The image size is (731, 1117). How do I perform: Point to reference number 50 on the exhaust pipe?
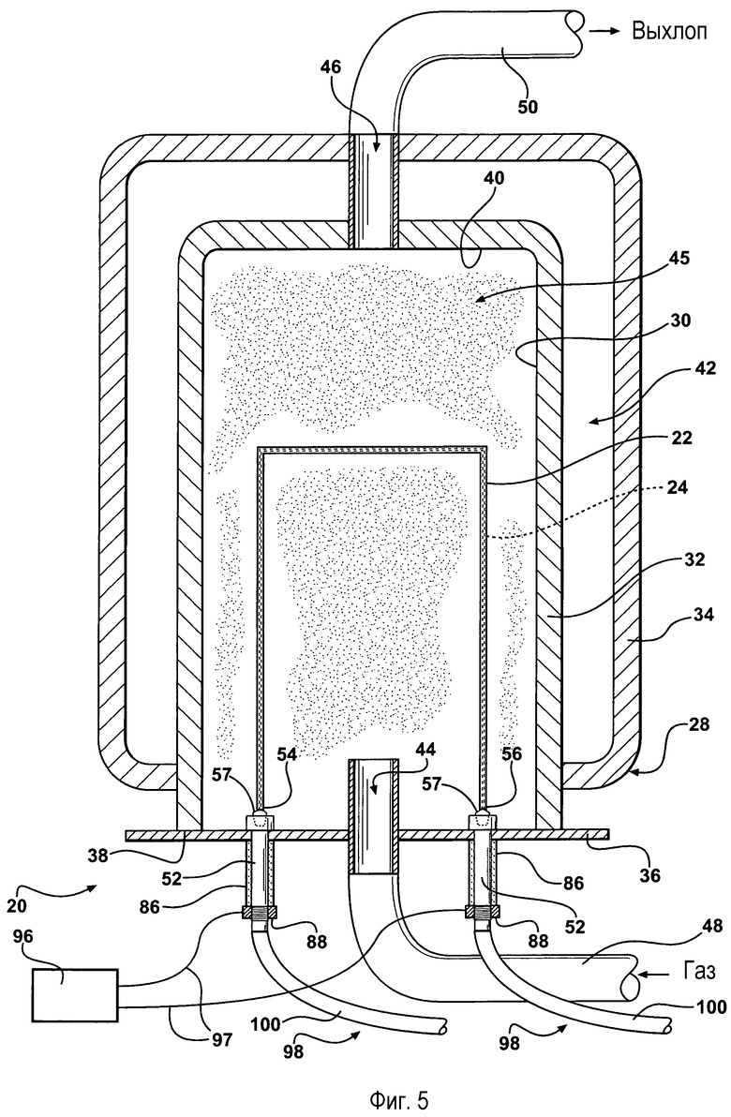tap(528, 106)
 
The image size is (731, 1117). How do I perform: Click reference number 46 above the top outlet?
tap(331, 67)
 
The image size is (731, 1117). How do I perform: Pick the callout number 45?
tap(679, 258)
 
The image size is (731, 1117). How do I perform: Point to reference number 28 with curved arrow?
tap(700, 724)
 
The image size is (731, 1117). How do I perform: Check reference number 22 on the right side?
tap(682, 438)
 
